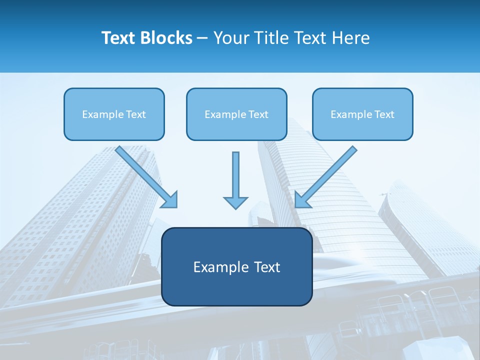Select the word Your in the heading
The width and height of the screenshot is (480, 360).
pyautogui.click(x=231, y=37)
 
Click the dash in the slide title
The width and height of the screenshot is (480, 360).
pyautogui.click(x=202, y=38)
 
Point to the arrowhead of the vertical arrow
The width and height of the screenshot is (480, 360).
pyautogui.click(x=235, y=202)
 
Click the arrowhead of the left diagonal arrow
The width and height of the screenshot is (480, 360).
pyautogui.click(x=170, y=200)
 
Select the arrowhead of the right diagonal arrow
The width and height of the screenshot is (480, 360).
pyautogui.click(x=302, y=200)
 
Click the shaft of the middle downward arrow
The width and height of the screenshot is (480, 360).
pyautogui.click(x=235, y=172)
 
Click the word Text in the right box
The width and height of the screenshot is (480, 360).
pyautogui.click(x=384, y=114)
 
